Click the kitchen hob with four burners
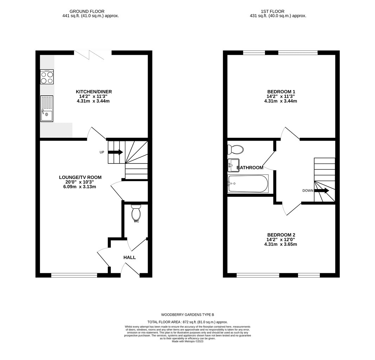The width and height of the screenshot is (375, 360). click(47, 77)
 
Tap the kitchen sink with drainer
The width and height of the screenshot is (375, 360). click(47, 109)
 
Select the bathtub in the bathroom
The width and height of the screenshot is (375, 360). click(248, 184)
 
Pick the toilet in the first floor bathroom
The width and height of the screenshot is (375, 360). click(235, 149)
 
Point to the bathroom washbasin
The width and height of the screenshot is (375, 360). click(233, 165)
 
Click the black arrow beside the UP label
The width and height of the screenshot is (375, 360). click(116, 152)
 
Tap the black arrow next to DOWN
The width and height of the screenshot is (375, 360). click(322, 191)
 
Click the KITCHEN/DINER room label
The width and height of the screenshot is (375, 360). click(94, 92)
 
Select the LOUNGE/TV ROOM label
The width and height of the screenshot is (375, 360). click(80, 178)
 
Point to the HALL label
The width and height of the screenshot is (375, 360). click(130, 257)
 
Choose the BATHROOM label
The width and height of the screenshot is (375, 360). click(250, 168)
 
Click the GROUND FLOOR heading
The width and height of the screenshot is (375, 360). click(87, 11)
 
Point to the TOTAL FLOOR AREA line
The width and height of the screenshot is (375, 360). click(188, 322)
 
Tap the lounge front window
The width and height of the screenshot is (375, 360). click(74, 275)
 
